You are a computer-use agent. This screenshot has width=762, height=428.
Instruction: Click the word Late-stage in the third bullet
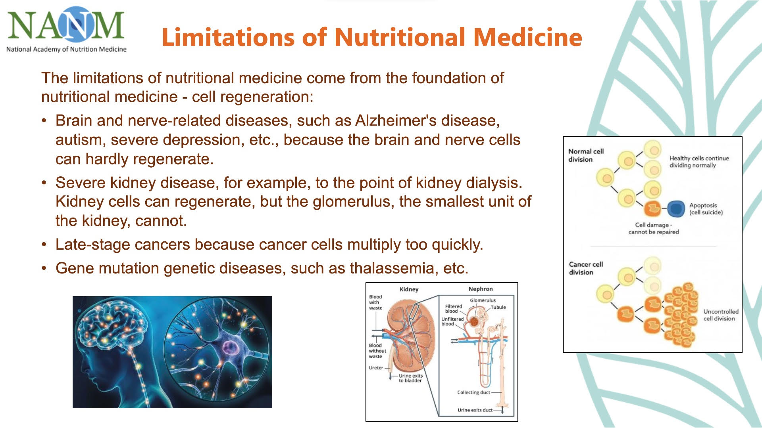tap(93, 245)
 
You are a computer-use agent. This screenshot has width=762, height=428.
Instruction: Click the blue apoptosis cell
tap(676, 208)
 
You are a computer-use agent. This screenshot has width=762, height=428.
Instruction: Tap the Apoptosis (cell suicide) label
tap(706, 209)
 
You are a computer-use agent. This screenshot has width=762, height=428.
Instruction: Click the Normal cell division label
tap(586, 155)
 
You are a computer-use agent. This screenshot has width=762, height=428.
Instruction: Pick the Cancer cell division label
tap(586, 268)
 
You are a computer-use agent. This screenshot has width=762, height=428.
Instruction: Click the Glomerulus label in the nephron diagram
tap(483, 300)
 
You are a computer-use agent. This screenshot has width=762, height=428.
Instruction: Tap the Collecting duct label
tap(473, 392)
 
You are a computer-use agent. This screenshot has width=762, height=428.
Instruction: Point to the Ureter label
tap(376, 368)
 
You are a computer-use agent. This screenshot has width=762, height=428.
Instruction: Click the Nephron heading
tap(481, 289)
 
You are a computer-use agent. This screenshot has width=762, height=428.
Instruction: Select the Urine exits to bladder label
tap(411, 378)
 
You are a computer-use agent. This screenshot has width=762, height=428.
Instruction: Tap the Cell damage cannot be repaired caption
tap(654, 228)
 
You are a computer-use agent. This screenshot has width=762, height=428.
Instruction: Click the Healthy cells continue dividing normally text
tap(699, 162)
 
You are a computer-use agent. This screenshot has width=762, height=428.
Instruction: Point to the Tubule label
tap(498, 307)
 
